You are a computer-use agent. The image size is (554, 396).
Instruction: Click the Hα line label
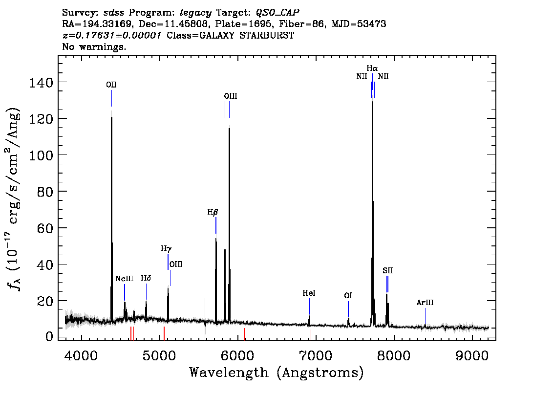point(372,68)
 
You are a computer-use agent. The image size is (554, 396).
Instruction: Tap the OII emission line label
point(111,85)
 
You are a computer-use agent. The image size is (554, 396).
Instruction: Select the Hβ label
point(213,212)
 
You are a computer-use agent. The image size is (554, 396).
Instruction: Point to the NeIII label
point(125,279)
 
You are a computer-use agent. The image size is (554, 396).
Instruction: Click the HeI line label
point(309,293)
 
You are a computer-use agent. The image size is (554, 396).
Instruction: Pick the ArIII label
point(425,303)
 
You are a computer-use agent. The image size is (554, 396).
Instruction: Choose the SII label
point(387,271)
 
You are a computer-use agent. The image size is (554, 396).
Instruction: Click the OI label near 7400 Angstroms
point(348,296)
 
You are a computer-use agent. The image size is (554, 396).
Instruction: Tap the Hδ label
point(146,278)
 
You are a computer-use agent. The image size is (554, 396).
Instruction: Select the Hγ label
point(166,248)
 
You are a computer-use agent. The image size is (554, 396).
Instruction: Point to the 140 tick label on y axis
point(41,83)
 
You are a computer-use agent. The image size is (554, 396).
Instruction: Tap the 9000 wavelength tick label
point(471,355)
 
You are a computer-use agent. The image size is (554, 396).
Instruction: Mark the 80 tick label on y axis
point(45,192)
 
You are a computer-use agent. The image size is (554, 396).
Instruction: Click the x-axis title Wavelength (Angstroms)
point(277,373)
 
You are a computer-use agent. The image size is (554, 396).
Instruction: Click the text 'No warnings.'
point(94,46)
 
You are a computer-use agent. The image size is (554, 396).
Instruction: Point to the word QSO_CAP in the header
point(277,13)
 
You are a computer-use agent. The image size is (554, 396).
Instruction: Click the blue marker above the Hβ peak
point(216,225)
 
